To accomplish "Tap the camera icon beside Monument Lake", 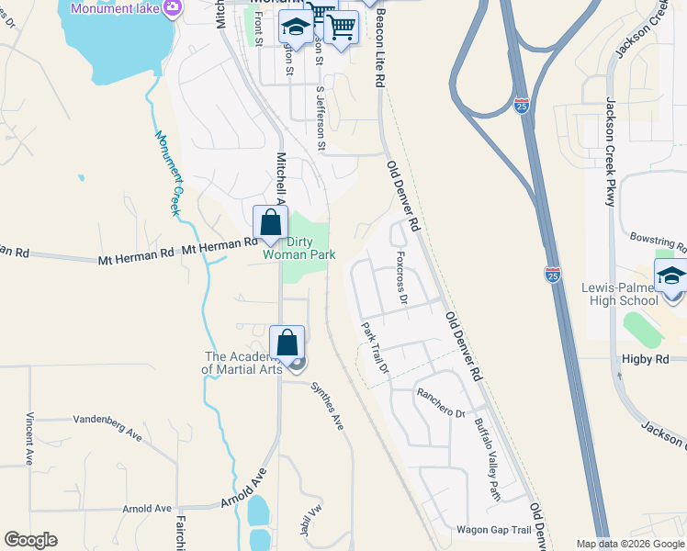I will pyautogui.click(x=171, y=7).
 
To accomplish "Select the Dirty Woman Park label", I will pyautogui.click(x=299, y=248).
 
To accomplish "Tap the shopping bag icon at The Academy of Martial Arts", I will pyautogui.click(x=287, y=342).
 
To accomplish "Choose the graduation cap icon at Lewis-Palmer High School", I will pyautogui.click(x=671, y=275).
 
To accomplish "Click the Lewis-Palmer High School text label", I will pyautogui.click(x=620, y=294).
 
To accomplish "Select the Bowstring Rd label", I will pyautogui.click(x=659, y=242).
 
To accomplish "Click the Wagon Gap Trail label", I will pyautogui.click(x=494, y=530).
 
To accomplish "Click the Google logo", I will pyautogui.click(x=30, y=540).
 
